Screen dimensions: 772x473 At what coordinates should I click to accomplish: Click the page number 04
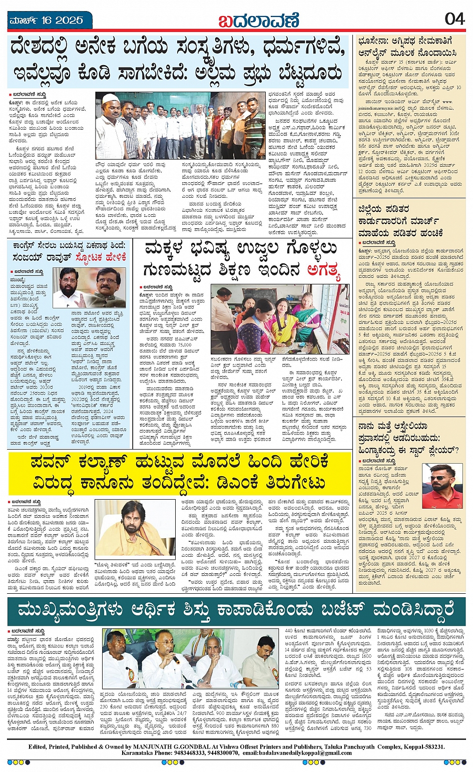coord(454,20)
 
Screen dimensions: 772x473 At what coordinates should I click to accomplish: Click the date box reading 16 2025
coord(45,21)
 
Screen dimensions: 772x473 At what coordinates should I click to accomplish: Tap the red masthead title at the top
coord(258,21)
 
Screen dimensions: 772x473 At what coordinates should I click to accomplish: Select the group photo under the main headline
coord(181,126)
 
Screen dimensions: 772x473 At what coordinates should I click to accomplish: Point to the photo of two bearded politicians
coord(89,287)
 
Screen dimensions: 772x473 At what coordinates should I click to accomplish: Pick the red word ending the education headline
coord(323,270)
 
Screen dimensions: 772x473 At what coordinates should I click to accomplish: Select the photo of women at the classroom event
coord(273,319)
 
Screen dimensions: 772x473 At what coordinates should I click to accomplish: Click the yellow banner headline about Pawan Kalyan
coord(180,472)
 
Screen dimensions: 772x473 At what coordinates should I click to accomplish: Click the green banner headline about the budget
coord(236,611)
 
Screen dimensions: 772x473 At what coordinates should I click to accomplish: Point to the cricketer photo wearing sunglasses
coord(442,486)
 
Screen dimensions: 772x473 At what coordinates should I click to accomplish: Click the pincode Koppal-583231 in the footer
coord(419,746)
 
